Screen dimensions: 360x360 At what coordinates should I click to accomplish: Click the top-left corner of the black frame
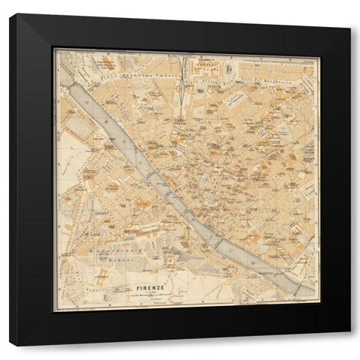(10, 15)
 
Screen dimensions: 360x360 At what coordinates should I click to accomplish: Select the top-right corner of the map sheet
(319, 49)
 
